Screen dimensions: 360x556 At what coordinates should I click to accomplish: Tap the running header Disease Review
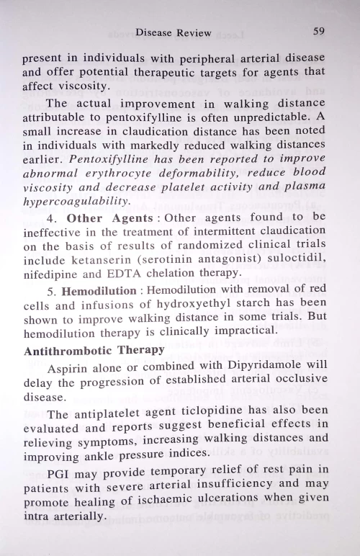174,32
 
